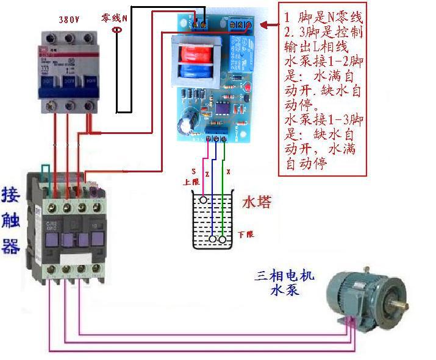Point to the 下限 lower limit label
(x=246, y=234)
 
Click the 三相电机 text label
(x=285, y=276)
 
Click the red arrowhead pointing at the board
(x=263, y=25)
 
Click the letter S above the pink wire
(x=195, y=171)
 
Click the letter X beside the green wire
(x=229, y=172)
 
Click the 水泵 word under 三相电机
(x=285, y=291)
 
